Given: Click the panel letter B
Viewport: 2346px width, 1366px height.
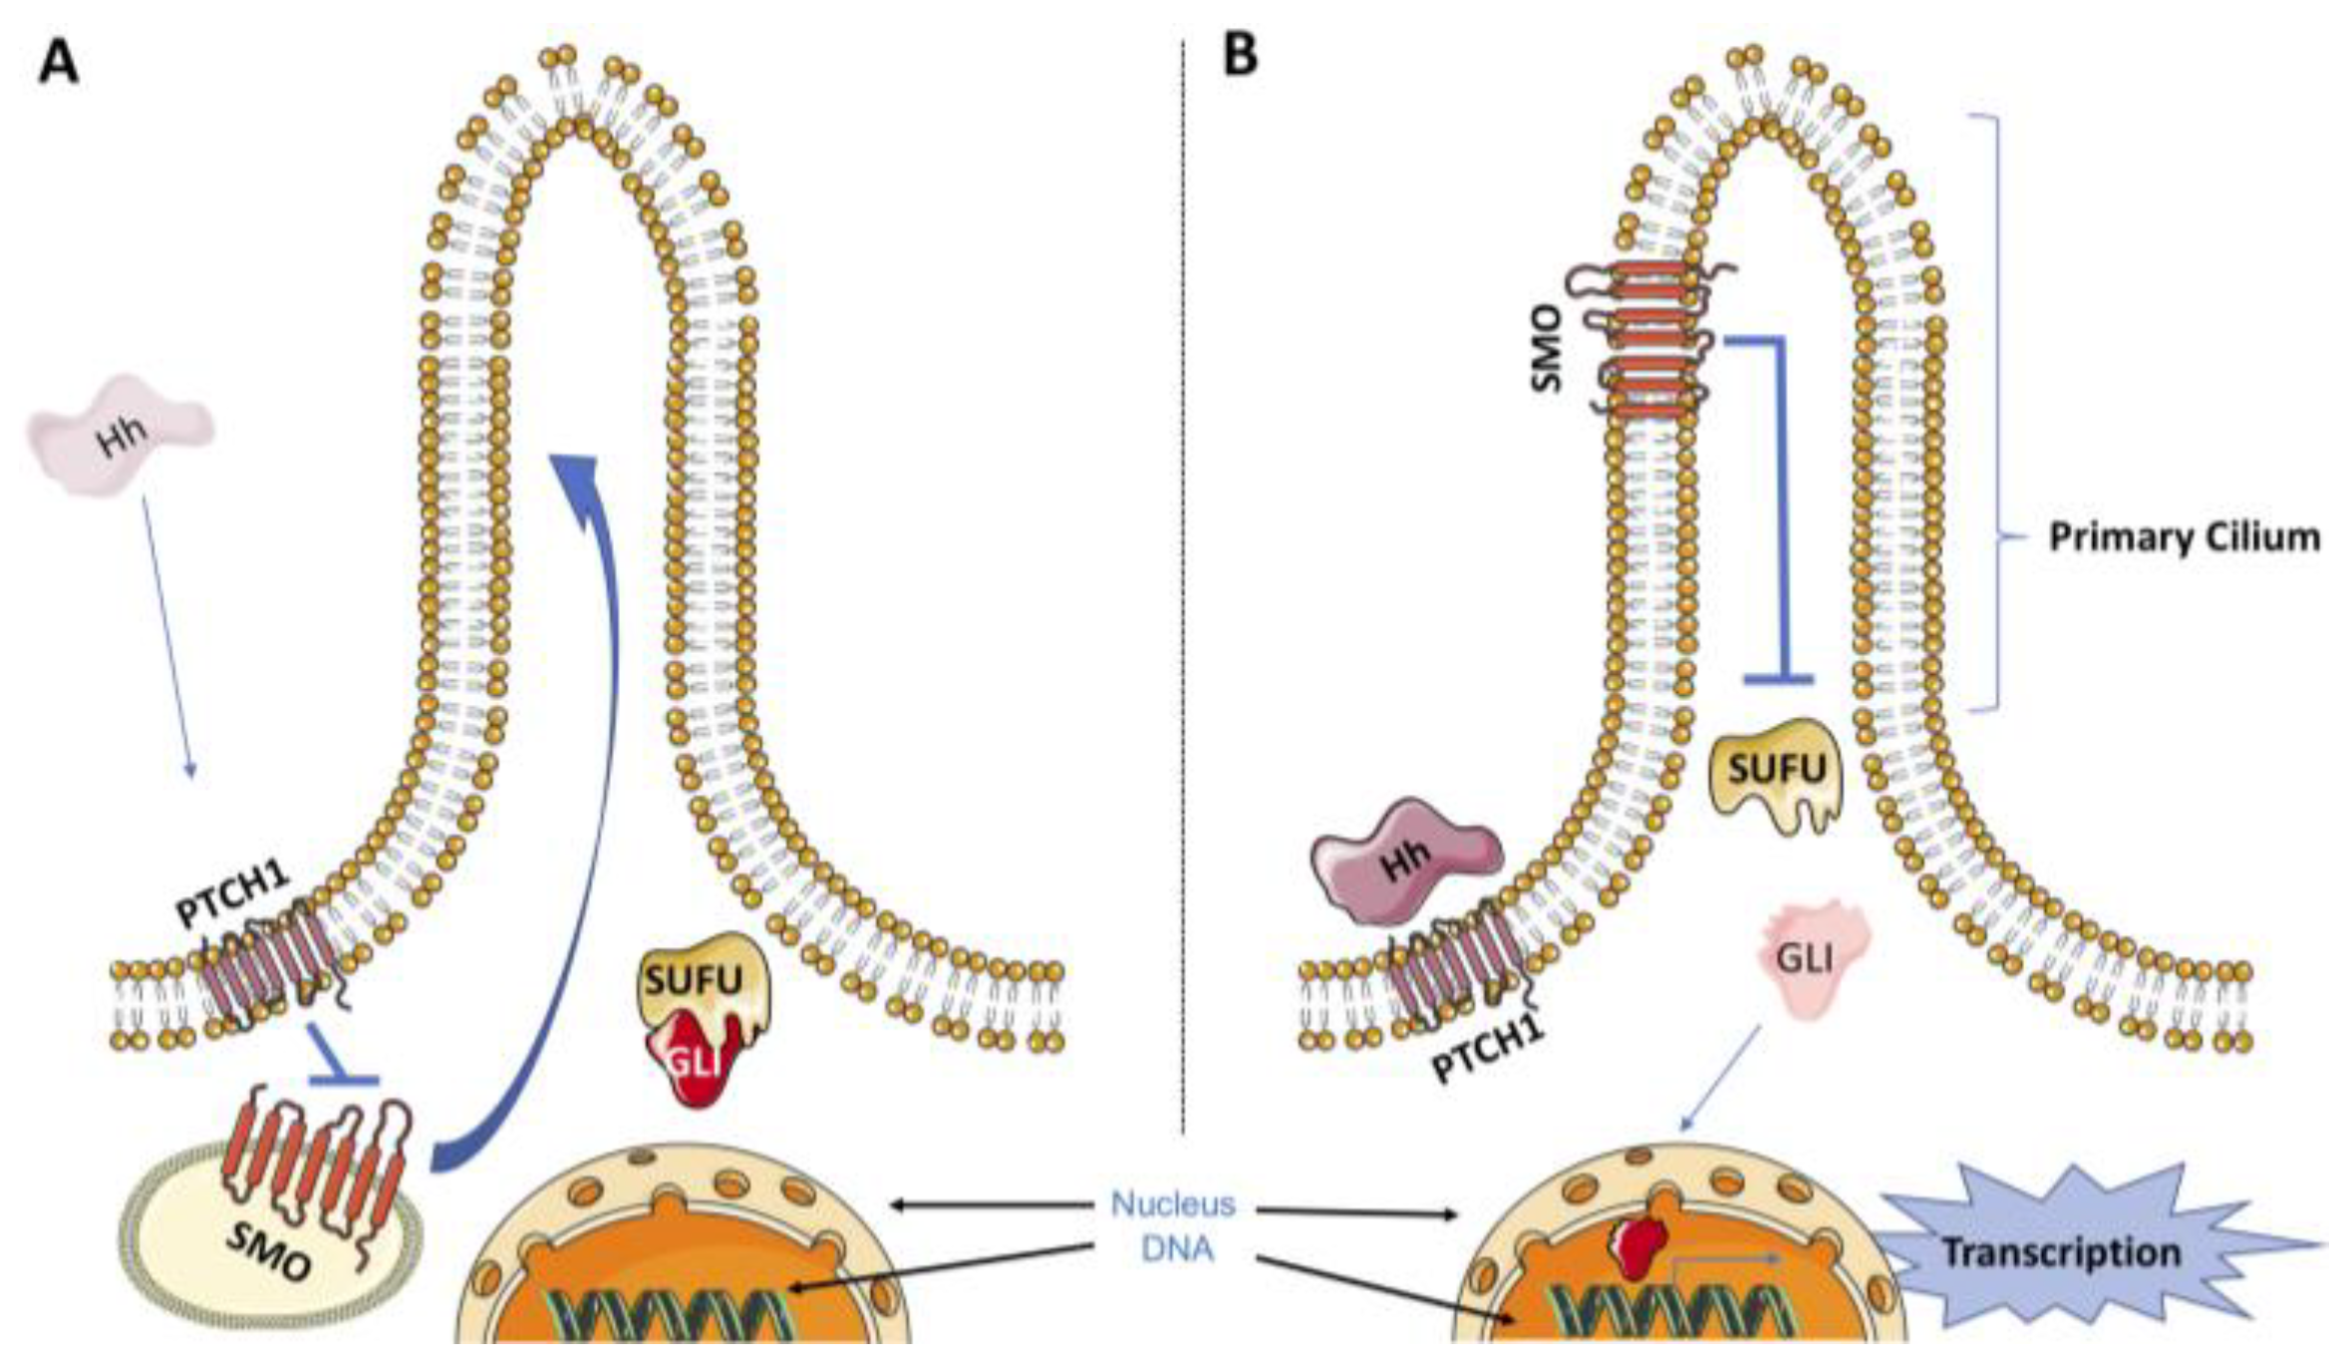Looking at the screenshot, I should (x=1240, y=54).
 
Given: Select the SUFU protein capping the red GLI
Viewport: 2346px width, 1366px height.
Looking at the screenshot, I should (x=702, y=977).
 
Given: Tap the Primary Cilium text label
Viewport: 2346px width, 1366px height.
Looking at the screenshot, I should (x=2184, y=537).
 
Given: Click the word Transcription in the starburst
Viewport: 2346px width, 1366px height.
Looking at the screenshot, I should (x=2060, y=1252).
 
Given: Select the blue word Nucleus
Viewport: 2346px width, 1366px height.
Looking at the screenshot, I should (x=1172, y=1203).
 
